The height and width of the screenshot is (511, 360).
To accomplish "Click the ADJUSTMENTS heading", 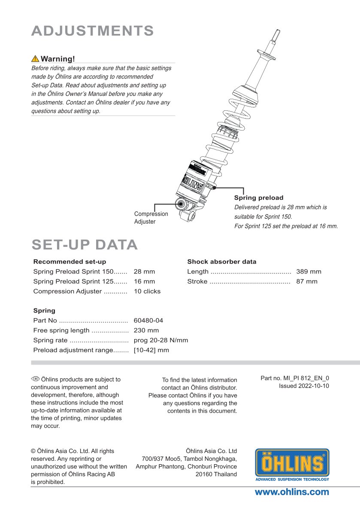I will pyautogui.click(x=93, y=31).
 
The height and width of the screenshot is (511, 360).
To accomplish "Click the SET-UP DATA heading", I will pyautogui.click(x=85, y=244).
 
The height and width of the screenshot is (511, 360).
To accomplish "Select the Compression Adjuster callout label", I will pyautogui.click(x=151, y=218).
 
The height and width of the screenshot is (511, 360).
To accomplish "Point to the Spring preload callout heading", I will pyautogui.click(x=258, y=198).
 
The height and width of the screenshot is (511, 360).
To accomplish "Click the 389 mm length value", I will pyautogui.click(x=309, y=271).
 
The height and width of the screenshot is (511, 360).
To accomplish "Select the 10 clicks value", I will pyautogui.click(x=147, y=291).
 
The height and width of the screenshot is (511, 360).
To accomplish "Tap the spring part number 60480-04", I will pyautogui.click(x=148, y=320).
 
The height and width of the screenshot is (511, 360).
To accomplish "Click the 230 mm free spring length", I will pyautogui.click(x=146, y=330).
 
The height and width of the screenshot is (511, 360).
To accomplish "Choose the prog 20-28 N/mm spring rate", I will pyautogui.click(x=160, y=340).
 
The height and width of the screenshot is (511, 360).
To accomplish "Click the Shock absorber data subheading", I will pyautogui.click(x=221, y=262).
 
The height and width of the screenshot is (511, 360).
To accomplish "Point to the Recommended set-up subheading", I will pyautogui.click(x=70, y=262).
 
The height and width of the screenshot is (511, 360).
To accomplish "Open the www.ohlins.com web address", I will pyautogui.click(x=292, y=492).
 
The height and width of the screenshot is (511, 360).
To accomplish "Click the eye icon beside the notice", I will pyautogui.click(x=35, y=379).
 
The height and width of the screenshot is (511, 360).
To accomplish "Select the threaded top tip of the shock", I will pyautogui.click(x=277, y=33).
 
